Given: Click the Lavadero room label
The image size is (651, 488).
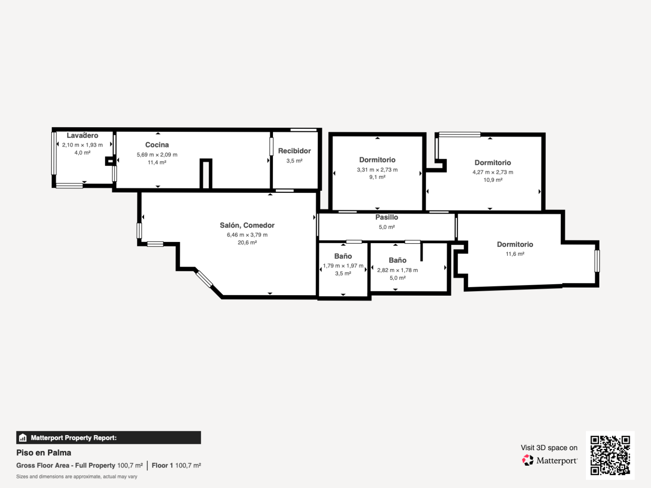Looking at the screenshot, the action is coord(82,136).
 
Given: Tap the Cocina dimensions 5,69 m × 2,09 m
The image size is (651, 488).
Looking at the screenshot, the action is coord(157,155).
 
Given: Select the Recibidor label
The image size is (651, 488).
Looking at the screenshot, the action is coord(294,151).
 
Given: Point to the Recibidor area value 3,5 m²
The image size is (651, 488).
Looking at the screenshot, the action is coord(294,161).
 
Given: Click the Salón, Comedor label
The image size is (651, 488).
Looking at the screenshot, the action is coord(247,226).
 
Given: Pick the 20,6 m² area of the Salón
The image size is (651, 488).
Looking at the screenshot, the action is coord(247,242).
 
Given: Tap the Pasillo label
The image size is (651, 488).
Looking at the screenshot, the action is coord(386,217).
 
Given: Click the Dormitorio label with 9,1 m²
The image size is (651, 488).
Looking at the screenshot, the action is coord(377,160).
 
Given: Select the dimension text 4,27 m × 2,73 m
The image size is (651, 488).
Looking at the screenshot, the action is coord(493,172).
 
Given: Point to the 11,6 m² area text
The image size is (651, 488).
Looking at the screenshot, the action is coord(515,254).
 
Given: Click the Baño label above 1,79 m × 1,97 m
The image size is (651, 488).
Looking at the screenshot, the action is coord(343,256).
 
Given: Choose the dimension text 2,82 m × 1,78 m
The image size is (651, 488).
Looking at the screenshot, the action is coord(397,270).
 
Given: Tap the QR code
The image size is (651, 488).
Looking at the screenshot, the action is coord(610,455).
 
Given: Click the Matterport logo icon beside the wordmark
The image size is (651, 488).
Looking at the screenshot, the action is coord(528,460).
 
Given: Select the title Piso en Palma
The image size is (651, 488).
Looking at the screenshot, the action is coord(44,453).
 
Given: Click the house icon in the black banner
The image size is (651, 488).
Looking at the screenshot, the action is coord(23,438).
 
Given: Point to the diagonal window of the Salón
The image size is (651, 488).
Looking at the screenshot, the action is coord(204,279).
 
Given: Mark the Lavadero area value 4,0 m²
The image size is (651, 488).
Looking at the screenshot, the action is coord(82,153).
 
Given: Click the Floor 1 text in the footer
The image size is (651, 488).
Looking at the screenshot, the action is coord(162,465).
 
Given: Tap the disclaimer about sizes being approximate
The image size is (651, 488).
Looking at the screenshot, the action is coord(76,477).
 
